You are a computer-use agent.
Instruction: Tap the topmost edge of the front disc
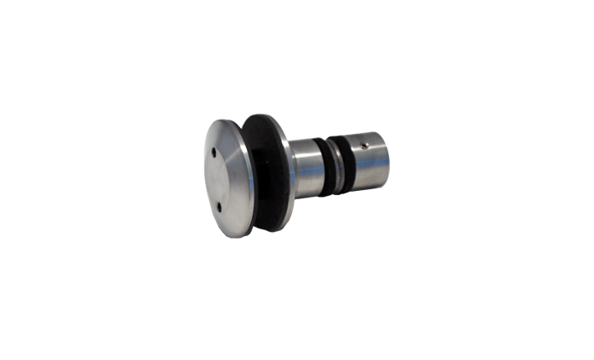(226, 119)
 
